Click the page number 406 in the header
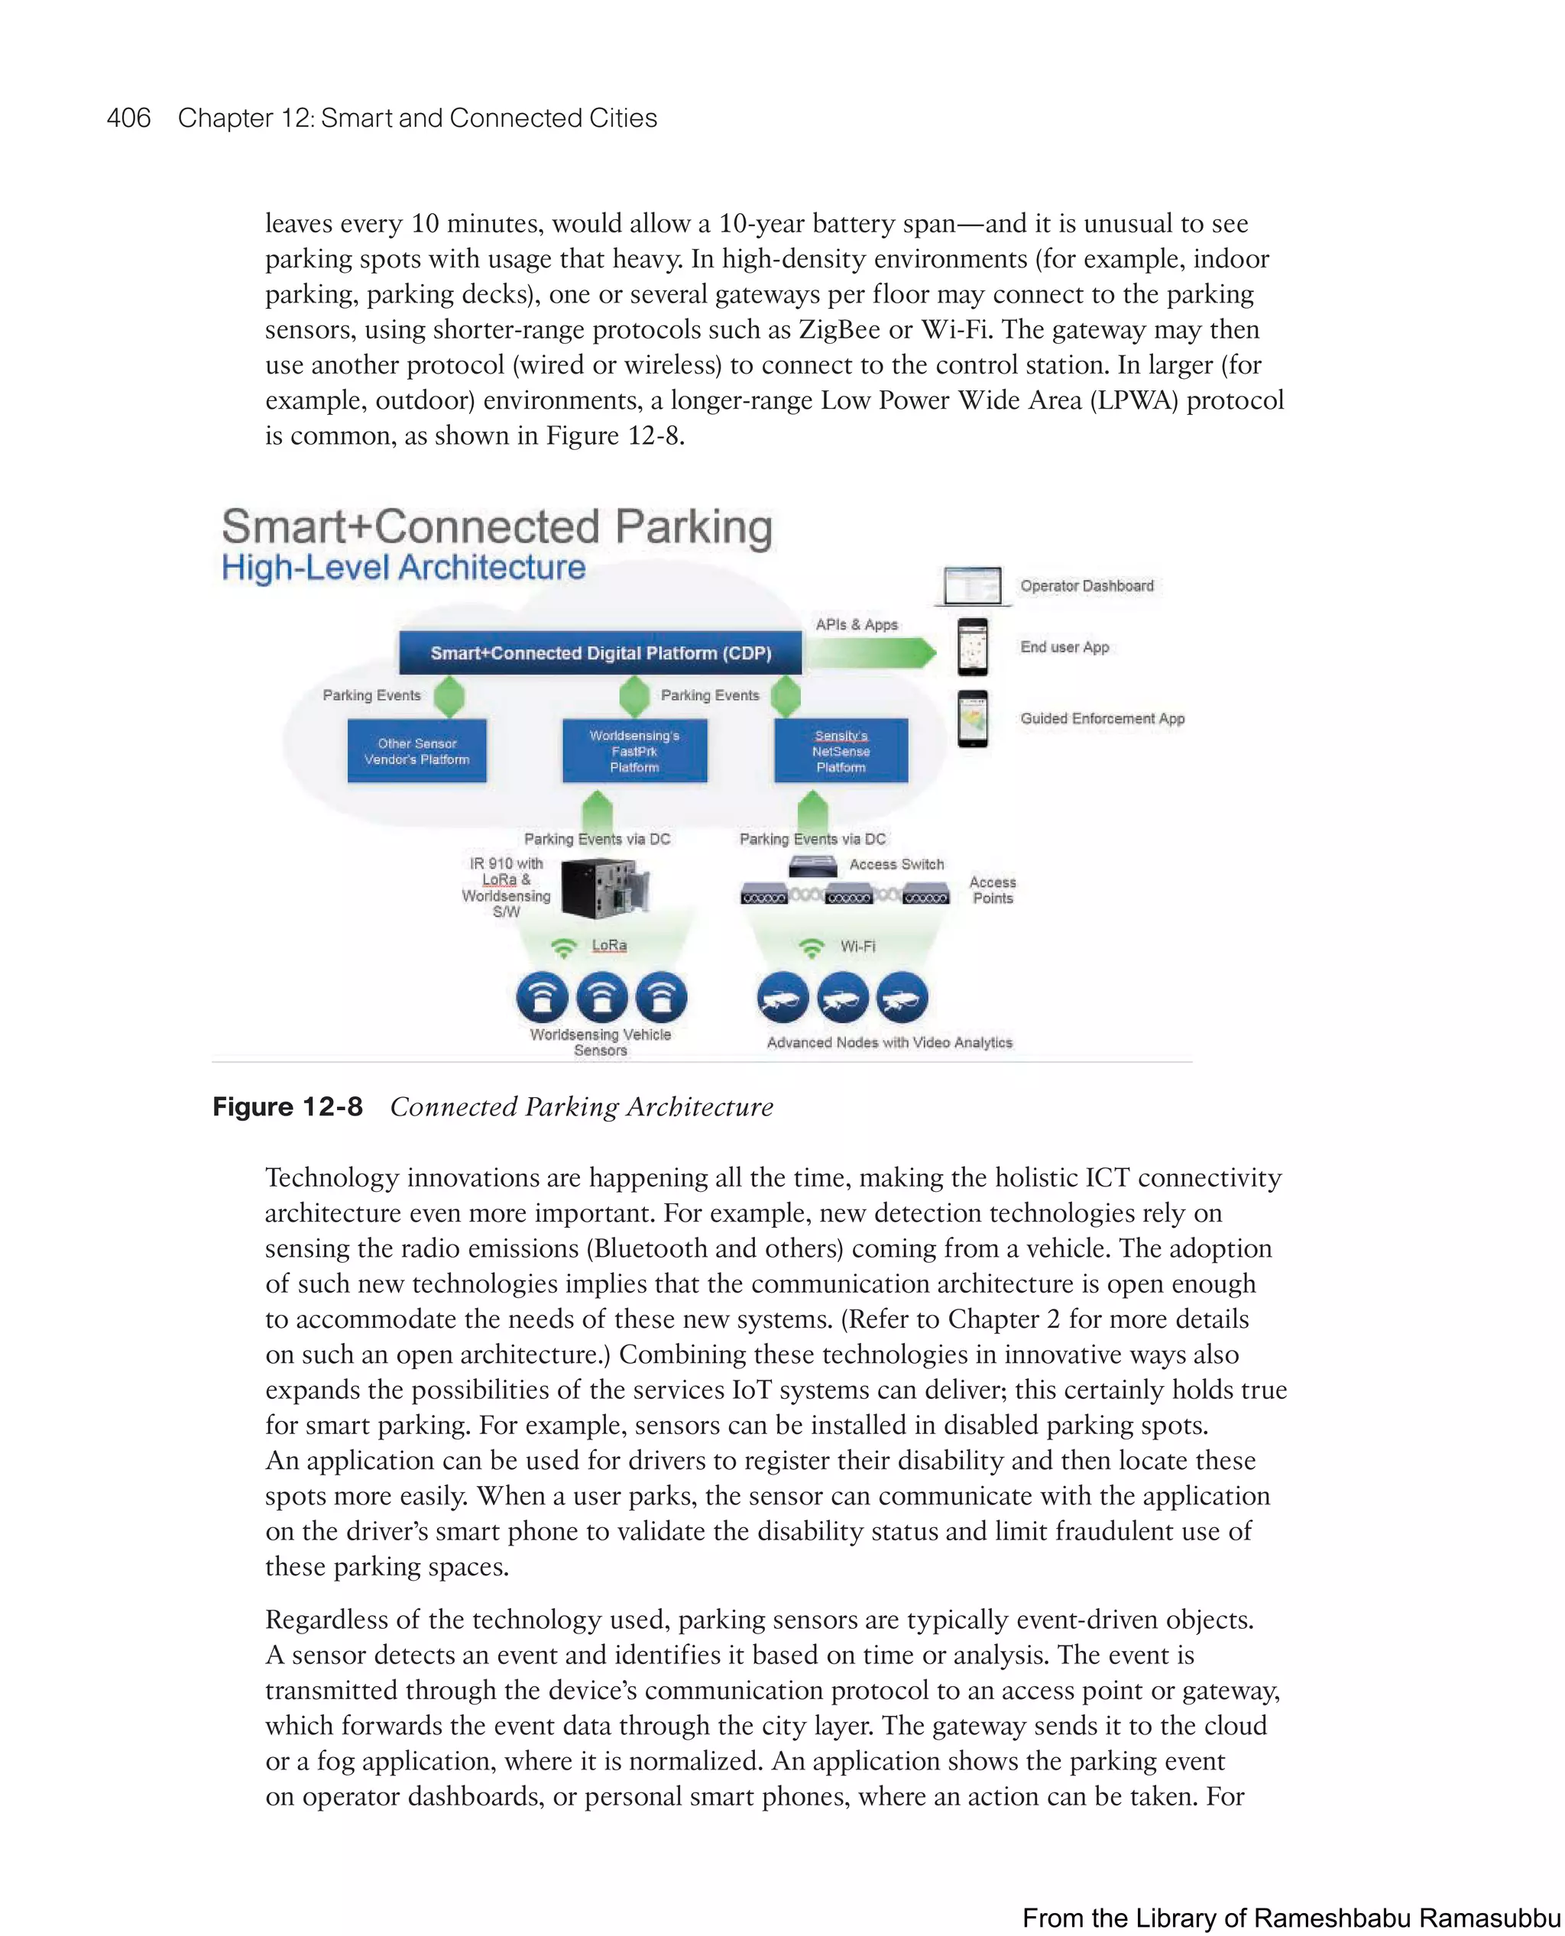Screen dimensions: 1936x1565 (x=129, y=118)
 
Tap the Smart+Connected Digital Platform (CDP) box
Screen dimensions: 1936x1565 (x=601, y=652)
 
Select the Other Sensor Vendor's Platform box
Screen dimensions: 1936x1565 (x=416, y=751)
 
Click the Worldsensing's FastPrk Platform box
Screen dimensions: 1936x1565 (x=635, y=751)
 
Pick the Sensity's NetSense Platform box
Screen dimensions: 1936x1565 (x=841, y=751)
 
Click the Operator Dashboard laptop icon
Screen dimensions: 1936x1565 (x=972, y=586)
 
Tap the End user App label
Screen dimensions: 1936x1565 (x=1064, y=647)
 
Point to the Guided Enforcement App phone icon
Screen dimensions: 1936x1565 (x=972, y=718)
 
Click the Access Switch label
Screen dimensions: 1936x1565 (x=896, y=864)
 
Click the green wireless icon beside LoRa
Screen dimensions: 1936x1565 (x=563, y=947)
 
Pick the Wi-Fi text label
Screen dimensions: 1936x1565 (x=857, y=947)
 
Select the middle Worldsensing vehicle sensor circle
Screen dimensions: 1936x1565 (x=601, y=998)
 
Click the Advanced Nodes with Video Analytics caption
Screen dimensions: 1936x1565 (x=889, y=1042)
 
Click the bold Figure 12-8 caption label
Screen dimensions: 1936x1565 (x=287, y=1107)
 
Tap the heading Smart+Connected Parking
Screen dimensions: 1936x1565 (x=497, y=527)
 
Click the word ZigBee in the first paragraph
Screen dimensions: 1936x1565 (x=838, y=329)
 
